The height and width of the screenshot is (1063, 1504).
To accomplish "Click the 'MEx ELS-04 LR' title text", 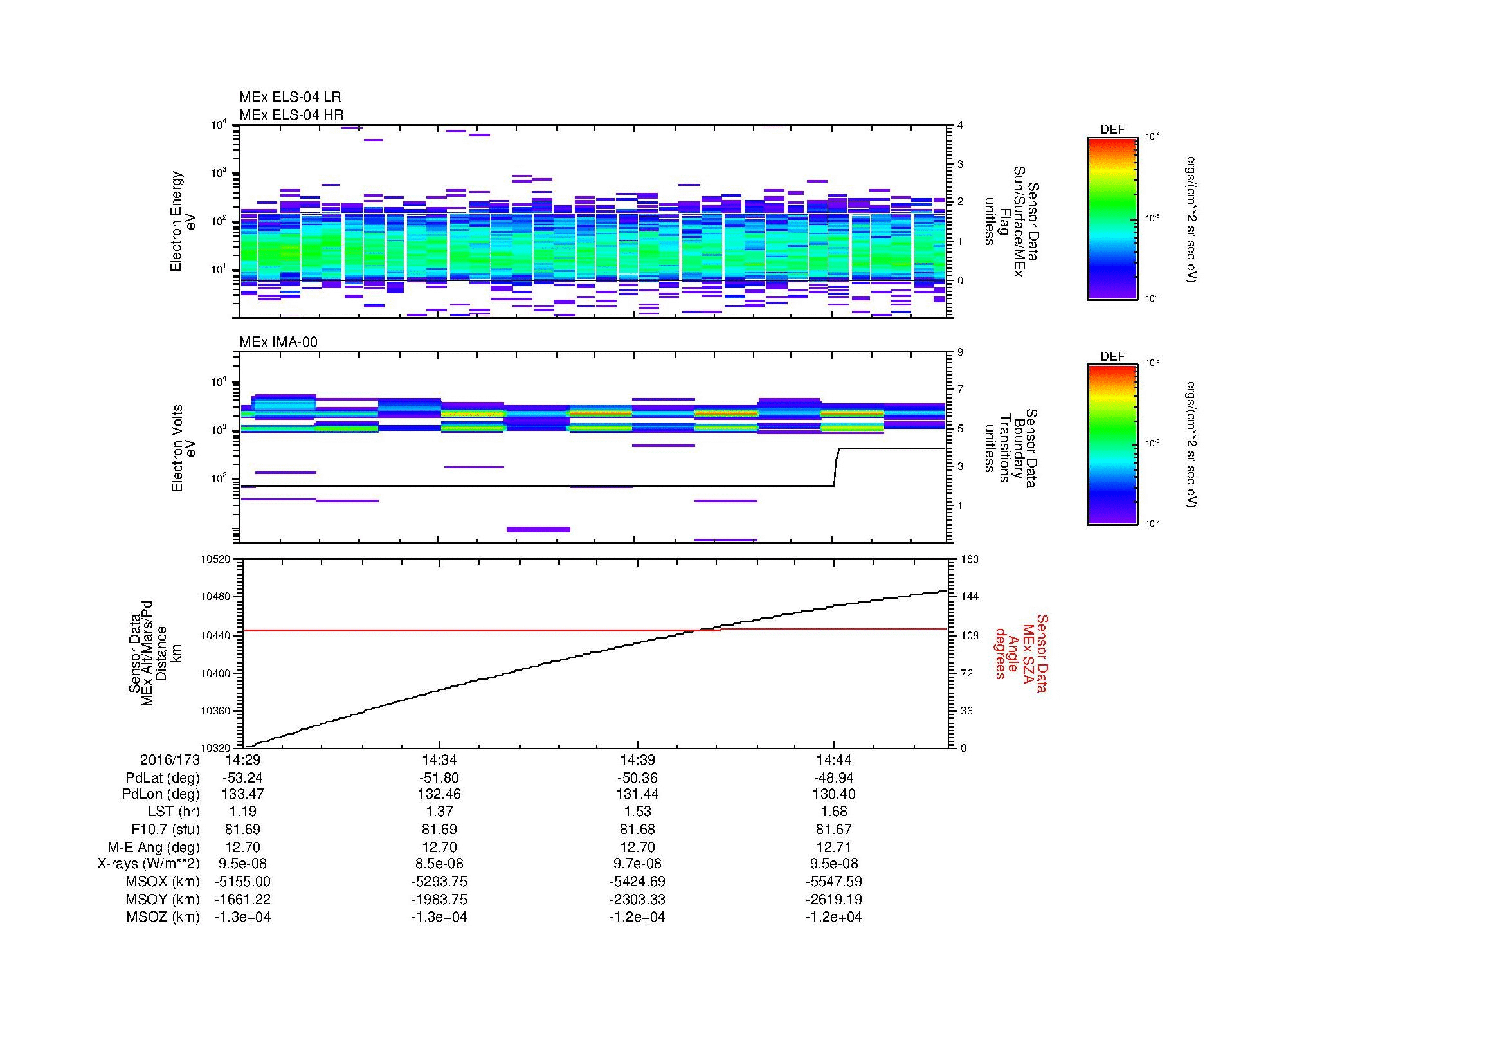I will [289, 97].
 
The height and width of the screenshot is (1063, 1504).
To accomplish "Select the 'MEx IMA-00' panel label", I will [278, 342].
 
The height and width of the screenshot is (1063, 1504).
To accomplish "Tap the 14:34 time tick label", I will [439, 760].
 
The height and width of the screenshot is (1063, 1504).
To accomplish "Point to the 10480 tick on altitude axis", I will [216, 597].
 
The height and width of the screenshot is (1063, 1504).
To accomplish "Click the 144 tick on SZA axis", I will [969, 597].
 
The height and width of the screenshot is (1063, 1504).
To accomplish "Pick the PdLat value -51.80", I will [439, 778].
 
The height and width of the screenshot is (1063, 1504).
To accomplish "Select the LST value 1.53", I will [637, 812].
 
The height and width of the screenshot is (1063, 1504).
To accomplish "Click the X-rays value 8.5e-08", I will [439, 864].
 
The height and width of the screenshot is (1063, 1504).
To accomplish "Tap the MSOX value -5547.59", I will [833, 882].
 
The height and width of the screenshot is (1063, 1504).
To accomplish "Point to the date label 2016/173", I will [170, 760].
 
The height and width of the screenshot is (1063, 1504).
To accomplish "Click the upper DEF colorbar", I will [1112, 218].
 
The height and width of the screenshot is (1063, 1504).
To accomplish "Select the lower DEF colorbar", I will [1112, 445].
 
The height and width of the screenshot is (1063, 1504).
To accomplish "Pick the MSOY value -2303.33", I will [637, 899].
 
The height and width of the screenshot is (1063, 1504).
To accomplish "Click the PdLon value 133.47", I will [242, 794].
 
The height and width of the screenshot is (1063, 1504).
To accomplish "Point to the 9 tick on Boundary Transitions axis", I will [960, 352].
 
